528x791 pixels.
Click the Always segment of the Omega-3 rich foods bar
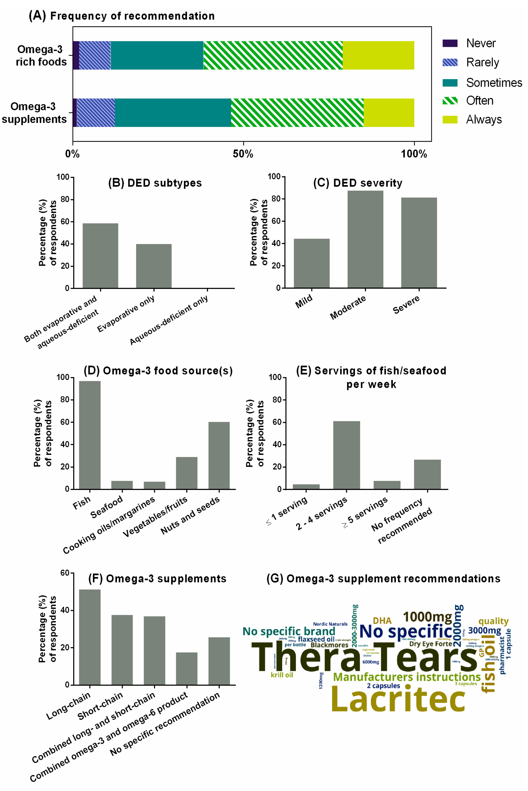click(x=378, y=56)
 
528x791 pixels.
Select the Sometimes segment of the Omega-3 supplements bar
click(x=173, y=113)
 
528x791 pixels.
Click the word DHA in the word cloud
click(x=382, y=620)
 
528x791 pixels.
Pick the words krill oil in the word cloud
click(x=282, y=675)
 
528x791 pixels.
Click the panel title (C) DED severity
click(x=358, y=183)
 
